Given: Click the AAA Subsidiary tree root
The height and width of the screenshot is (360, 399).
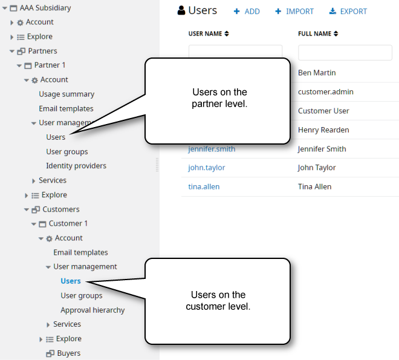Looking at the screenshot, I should (x=45, y=8).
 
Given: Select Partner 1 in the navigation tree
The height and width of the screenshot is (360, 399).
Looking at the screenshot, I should (x=50, y=65).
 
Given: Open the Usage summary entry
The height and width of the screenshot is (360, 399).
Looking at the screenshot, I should (x=66, y=94).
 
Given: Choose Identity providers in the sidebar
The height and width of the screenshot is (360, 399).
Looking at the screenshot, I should (x=76, y=166).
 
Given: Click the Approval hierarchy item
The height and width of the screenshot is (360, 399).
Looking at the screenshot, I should (x=92, y=310).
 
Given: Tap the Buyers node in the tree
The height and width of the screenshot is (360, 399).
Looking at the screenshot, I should (x=68, y=353).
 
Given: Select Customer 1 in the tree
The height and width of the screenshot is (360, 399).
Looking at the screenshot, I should (x=68, y=224).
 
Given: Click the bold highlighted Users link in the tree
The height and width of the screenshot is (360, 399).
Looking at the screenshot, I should (x=71, y=281).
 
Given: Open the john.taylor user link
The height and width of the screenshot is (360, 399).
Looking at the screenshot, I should (x=207, y=168).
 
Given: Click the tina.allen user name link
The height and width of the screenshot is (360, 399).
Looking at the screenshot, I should (x=204, y=187).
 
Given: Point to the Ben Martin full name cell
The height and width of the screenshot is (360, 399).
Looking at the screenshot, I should (x=317, y=73).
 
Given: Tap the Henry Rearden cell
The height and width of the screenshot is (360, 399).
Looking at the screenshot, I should (x=323, y=130).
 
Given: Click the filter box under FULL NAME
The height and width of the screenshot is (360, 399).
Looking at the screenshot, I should (x=345, y=53).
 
